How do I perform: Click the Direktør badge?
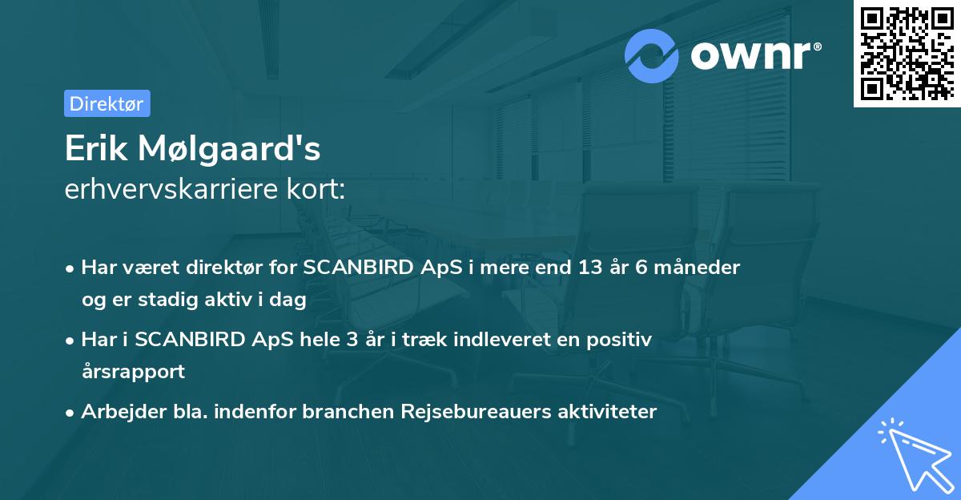click(107, 103)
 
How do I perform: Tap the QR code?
click(906, 53)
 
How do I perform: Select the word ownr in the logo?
click(751, 55)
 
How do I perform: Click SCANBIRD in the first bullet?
click(360, 268)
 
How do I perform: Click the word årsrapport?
click(133, 372)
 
